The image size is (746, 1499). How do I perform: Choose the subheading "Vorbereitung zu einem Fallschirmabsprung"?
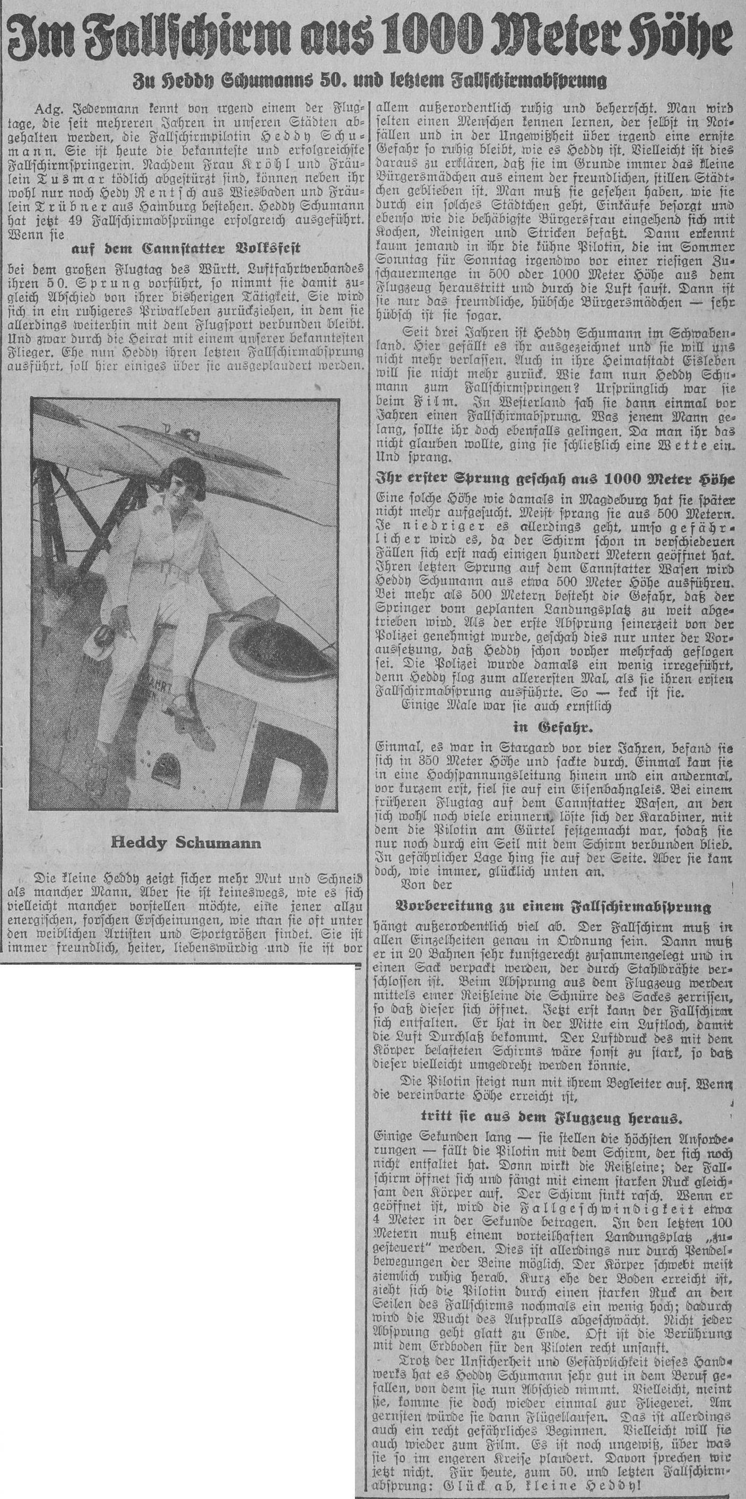(x=553, y=907)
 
